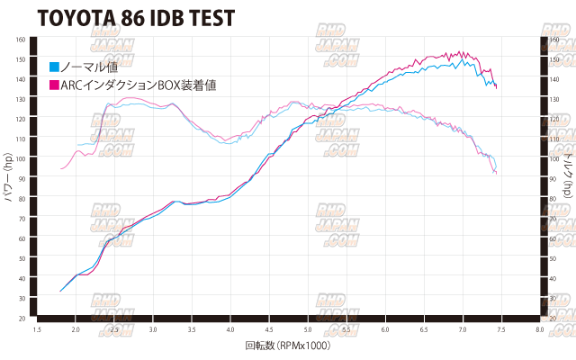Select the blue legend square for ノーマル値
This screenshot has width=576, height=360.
pyautogui.click(x=54, y=66)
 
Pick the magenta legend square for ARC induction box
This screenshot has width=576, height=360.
pyautogui.click(x=54, y=85)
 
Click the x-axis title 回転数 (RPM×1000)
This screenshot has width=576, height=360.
pyautogui.click(x=288, y=346)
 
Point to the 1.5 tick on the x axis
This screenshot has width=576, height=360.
pyautogui.click(x=38, y=330)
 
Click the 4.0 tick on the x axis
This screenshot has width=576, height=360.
pyautogui.click(x=230, y=330)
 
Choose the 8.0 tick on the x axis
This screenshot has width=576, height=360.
pyautogui.click(x=539, y=330)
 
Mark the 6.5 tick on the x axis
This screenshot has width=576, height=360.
pyautogui.click(x=424, y=330)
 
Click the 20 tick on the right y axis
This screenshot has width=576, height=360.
pyautogui.click(x=555, y=318)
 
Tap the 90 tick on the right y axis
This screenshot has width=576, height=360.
pyautogui.click(x=555, y=179)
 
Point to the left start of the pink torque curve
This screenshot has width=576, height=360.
pyautogui.click(x=61, y=168)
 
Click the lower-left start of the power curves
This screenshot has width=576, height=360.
pyautogui.click(x=60, y=291)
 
